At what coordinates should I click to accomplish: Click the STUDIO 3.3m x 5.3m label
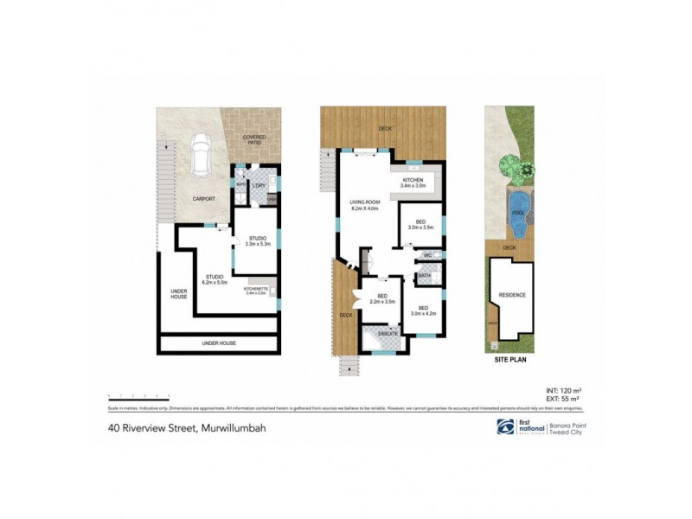tap(257, 241)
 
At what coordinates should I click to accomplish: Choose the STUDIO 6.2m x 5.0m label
tap(215, 279)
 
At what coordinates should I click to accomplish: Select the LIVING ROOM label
tap(365, 204)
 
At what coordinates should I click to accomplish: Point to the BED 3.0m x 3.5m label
tap(420, 224)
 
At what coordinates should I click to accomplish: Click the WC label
tap(427, 256)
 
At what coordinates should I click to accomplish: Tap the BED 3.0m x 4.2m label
tap(424, 311)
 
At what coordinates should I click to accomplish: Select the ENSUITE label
tap(387, 333)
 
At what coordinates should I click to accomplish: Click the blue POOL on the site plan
tap(517, 214)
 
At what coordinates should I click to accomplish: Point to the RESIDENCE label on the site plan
tap(511, 295)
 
